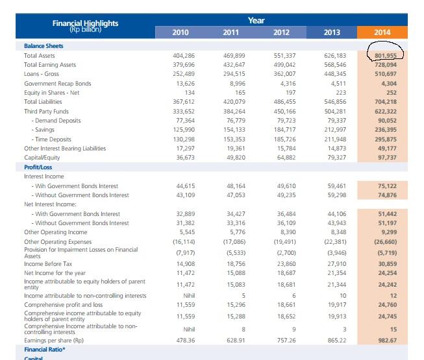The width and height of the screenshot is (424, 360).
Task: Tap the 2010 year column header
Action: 181,32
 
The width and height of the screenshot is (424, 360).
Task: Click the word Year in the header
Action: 256,20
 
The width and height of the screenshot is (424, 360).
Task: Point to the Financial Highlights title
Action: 86,23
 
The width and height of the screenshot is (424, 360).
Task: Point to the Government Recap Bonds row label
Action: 58,84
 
